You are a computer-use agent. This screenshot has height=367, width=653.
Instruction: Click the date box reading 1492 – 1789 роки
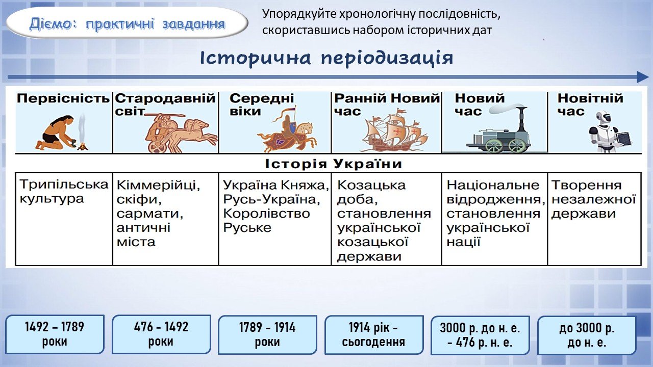(x=55, y=334)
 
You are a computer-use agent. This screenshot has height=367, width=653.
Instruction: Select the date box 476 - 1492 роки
(x=161, y=334)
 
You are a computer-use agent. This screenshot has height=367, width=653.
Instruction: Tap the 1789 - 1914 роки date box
(x=267, y=335)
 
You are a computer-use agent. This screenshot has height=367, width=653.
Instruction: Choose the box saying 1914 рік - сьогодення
(x=374, y=335)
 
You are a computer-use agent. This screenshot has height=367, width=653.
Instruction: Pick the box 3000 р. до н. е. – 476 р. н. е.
(x=480, y=335)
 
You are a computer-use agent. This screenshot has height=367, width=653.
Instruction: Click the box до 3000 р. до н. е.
(x=587, y=335)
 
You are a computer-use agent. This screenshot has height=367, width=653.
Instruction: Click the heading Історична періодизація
(x=326, y=58)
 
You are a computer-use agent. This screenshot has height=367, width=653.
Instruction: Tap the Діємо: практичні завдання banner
(x=127, y=23)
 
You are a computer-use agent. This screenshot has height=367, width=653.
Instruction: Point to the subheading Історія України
(x=334, y=164)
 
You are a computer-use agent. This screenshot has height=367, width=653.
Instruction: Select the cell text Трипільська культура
(x=64, y=192)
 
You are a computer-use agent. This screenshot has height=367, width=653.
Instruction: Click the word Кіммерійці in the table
(x=158, y=185)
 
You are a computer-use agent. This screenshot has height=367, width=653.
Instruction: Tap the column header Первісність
(x=63, y=98)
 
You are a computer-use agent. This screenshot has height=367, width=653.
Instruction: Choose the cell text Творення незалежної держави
(x=593, y=199)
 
